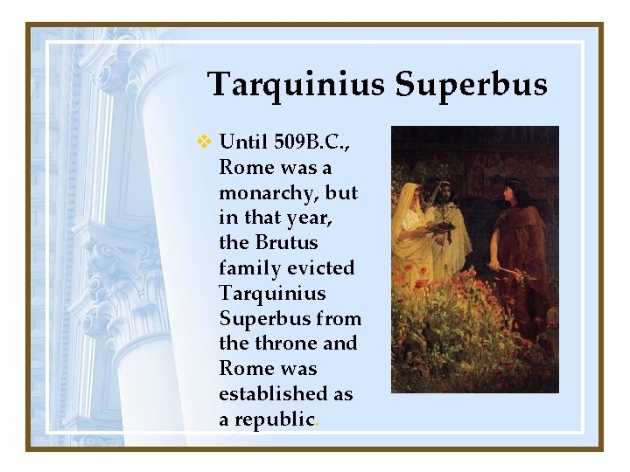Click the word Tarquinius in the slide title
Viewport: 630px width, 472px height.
[x=296, y=86]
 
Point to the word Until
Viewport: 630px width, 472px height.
[x=245, y=142]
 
